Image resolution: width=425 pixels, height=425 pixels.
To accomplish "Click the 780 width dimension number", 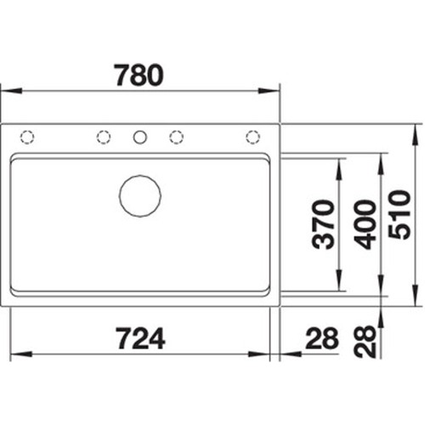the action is (139, 75).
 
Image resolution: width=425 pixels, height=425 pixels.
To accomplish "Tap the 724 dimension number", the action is (140, 338).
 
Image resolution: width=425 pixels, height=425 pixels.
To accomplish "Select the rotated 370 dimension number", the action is (323, 224).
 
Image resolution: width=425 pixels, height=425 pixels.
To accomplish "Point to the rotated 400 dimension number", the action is (365, 224).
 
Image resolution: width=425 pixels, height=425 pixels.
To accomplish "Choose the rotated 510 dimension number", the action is (399, 215).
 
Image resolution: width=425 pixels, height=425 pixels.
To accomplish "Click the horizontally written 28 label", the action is (322, 338).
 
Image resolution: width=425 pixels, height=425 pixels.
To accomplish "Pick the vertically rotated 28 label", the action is (365, 341).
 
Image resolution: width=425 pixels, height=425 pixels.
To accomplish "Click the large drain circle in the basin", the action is (140, 196).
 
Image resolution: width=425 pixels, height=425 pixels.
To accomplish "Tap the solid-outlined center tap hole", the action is (140, 138).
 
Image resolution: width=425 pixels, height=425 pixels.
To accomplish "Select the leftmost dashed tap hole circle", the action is (27, 138).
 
